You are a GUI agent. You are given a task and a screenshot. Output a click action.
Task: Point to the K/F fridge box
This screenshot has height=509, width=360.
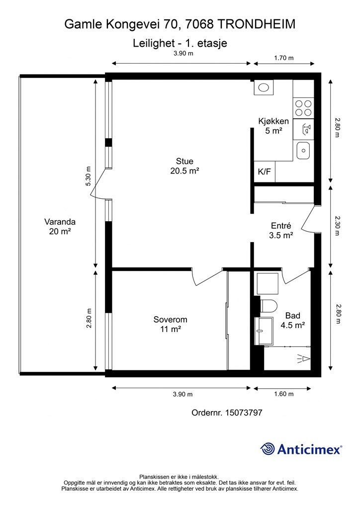(264, 171)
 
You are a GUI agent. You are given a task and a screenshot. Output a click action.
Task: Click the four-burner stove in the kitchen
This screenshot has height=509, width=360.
(303, 108)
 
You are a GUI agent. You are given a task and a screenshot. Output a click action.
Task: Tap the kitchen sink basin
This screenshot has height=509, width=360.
(303, 151)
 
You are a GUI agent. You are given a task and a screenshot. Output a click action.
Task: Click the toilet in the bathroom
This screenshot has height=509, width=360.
(269, 306)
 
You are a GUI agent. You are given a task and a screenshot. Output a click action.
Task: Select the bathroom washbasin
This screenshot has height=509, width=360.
(264, 331)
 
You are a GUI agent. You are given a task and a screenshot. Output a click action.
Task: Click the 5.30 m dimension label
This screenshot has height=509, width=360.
(89, 176)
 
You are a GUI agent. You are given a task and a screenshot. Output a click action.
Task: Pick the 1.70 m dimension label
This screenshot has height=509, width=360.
(284, 58)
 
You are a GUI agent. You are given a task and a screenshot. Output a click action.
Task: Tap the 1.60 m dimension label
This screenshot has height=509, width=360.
(284, 394)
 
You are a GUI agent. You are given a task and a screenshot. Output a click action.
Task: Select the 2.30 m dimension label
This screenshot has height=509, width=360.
(338, 226)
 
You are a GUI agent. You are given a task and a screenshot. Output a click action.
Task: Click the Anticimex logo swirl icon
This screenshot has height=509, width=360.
(268, 449)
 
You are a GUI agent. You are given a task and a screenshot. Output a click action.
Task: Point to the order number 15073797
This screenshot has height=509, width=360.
(244, 413)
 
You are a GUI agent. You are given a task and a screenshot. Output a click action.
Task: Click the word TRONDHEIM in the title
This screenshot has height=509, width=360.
(256, 24)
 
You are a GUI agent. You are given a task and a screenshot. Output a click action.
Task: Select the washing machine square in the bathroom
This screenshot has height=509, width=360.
(268, 283)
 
